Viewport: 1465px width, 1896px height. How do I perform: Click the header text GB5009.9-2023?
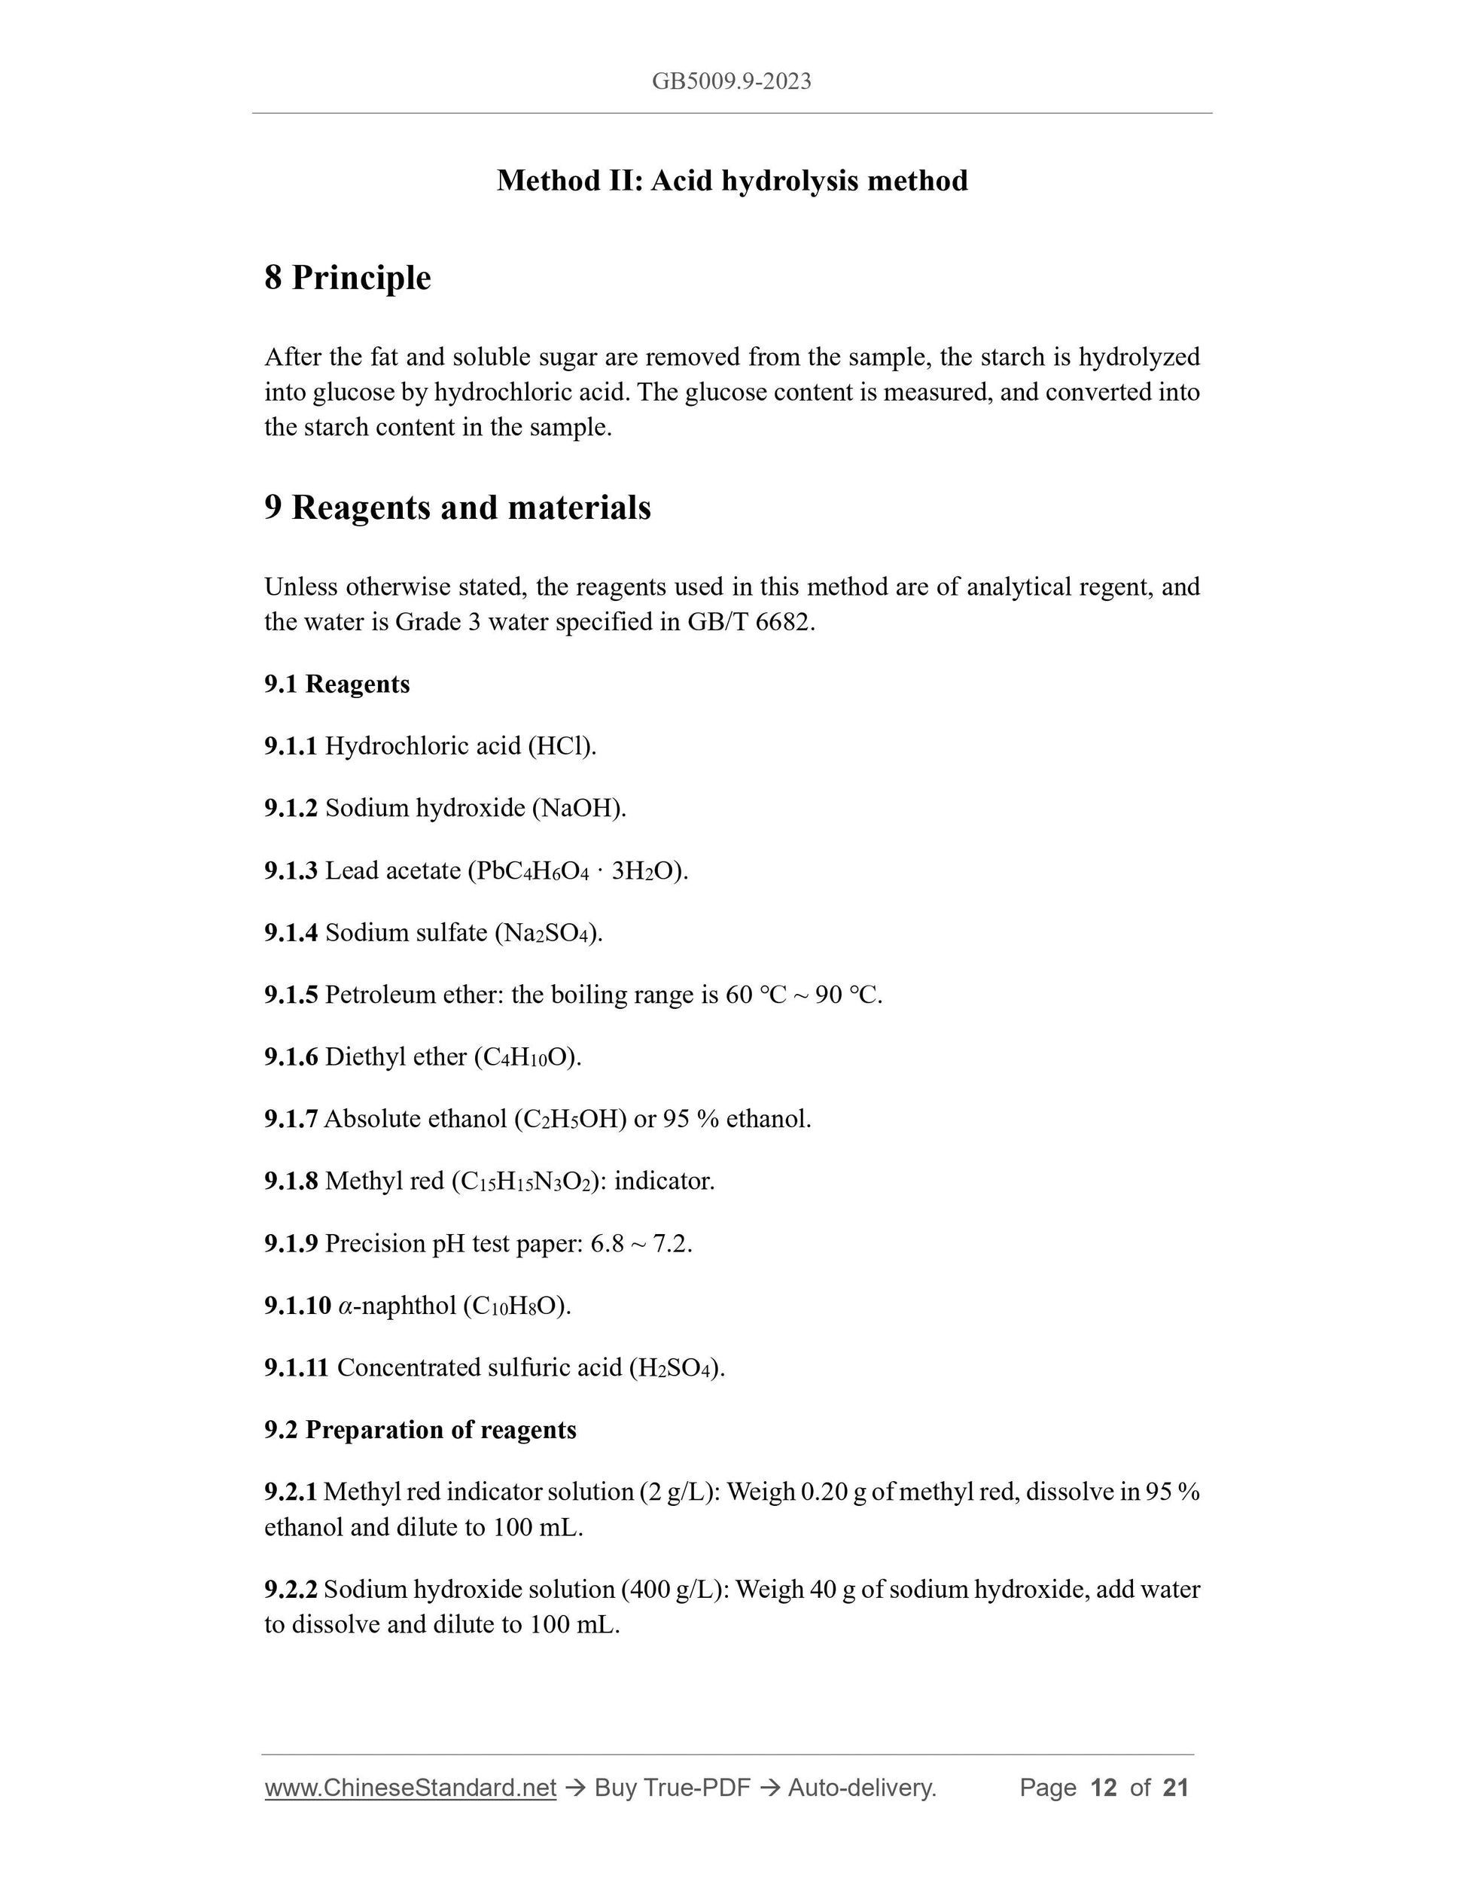point(732,81)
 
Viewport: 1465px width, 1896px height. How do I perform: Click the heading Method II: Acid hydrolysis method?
point(732,181)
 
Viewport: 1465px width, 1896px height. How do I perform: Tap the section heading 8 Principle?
point(347,278)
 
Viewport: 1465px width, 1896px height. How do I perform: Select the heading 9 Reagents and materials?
point(458,508)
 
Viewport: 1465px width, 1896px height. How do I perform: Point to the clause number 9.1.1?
point(291,745)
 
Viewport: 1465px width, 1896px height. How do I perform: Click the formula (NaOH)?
point(579,808)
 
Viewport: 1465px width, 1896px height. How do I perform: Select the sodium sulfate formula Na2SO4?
point(549,933)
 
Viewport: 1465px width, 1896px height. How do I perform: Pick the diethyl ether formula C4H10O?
point(527,1057)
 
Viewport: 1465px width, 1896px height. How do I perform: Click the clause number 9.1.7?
point(291,1119)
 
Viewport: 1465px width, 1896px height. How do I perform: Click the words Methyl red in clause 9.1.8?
point(384,1181)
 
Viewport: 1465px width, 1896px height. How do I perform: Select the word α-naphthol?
point(397,1306)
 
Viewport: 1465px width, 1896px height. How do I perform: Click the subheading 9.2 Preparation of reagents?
point(420,1430)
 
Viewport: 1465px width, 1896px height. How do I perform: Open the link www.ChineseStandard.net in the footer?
point(410,1788)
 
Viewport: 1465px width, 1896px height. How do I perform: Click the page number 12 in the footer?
point(1103,1788)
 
